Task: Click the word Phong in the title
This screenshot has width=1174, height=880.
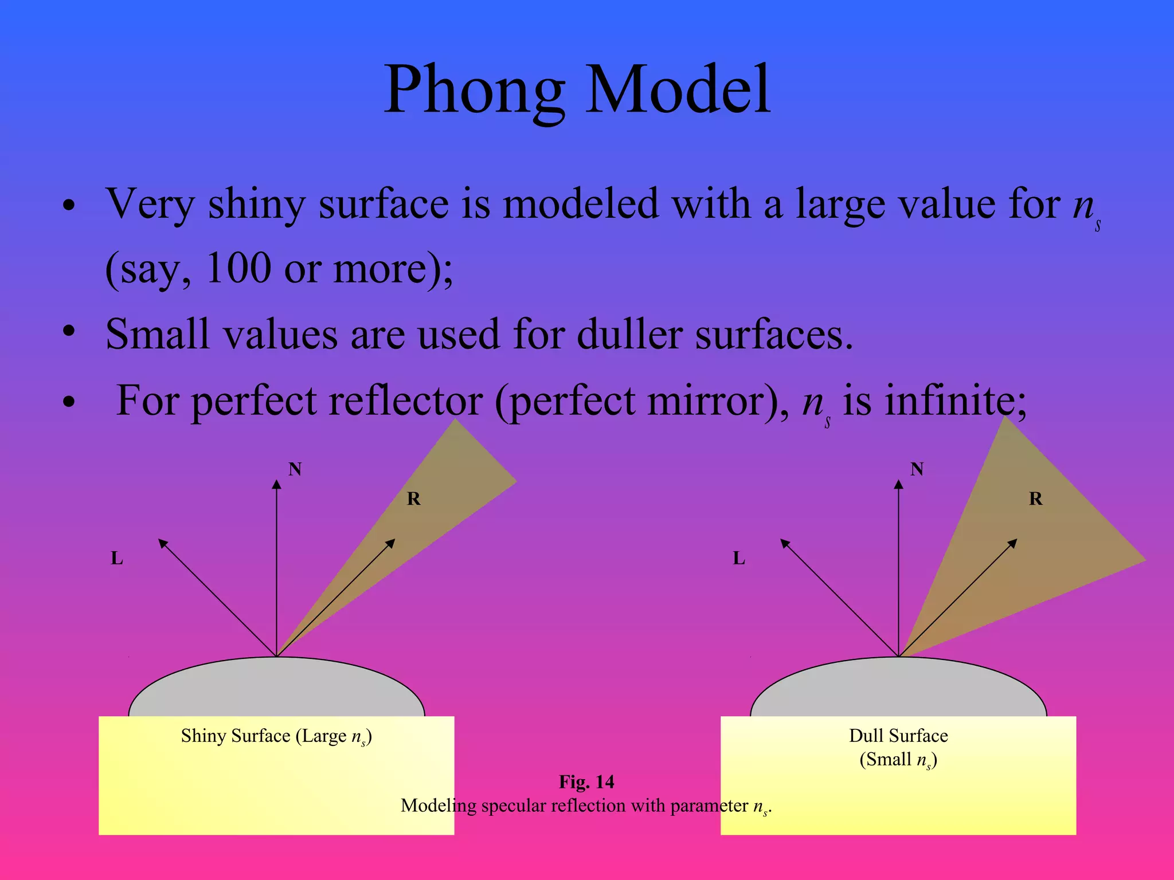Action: [x=475, y=91]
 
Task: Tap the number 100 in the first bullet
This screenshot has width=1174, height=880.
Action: [x=238, y=268]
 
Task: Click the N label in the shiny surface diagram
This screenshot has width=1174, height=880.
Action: [x=295, y=469]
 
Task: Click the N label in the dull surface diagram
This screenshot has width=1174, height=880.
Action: [x=917, y=469]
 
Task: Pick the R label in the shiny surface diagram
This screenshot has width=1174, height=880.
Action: [x=413, y=499]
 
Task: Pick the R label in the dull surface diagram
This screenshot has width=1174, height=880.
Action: [x=1035, y=499]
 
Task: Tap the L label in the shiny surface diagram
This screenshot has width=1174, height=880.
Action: [x=117, y=558]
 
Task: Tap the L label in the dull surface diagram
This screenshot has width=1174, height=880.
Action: [x=739, y=558]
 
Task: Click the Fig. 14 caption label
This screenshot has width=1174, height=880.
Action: [x=586, y=782]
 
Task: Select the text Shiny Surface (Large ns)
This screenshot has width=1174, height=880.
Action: [x=276, y=736]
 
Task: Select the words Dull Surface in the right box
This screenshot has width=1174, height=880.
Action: [x=898, y=736]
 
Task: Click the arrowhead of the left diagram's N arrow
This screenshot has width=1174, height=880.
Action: [x=277, y=485]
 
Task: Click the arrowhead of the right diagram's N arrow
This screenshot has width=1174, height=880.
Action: [x=898, y=485]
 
